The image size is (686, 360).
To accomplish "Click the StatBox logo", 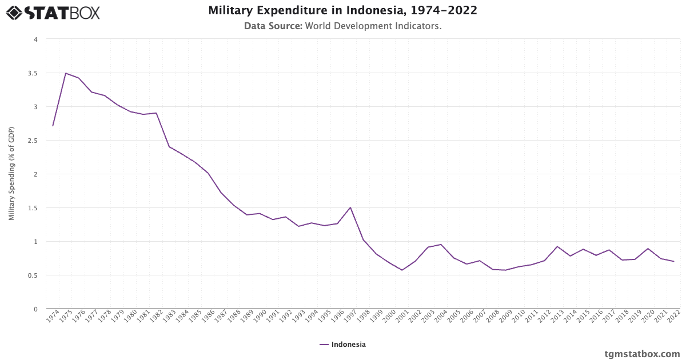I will (53, 12).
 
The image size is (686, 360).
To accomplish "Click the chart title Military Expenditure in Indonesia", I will (342, 10).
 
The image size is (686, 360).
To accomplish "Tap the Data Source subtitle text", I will (342, 26).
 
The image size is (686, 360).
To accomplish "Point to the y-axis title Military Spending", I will (11, 174).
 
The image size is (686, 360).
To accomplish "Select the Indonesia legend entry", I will (342, 345).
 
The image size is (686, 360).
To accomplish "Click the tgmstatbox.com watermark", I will (642, 354).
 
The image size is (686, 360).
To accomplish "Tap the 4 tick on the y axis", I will (35, 39).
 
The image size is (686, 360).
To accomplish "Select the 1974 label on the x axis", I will (53, 317).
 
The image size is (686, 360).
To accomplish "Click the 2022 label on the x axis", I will (674, 317).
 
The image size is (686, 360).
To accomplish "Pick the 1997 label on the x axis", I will (350, 317).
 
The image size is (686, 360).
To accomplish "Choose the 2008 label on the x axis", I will (493, 317).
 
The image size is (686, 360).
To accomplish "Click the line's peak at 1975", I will (66, 73).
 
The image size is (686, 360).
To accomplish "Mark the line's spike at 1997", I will (350, 207).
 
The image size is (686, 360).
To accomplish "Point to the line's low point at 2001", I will (402, 270).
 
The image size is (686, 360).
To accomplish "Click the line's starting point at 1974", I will (53, 126).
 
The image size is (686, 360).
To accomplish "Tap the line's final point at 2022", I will (674, 261).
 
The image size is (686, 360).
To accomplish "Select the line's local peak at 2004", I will (441, 245).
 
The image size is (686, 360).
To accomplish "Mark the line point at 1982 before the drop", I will (156, 113).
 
